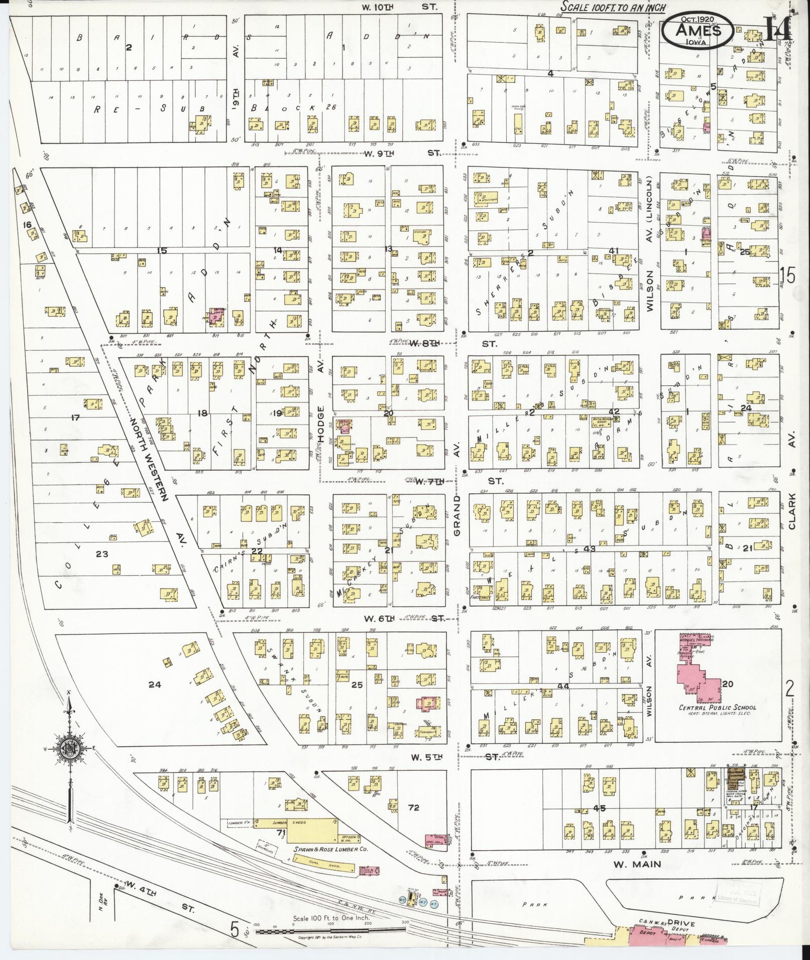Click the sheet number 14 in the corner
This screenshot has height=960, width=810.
click(779, 29)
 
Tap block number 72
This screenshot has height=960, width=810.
click(413, 807)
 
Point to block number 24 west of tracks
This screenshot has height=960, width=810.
click(154, 684)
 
